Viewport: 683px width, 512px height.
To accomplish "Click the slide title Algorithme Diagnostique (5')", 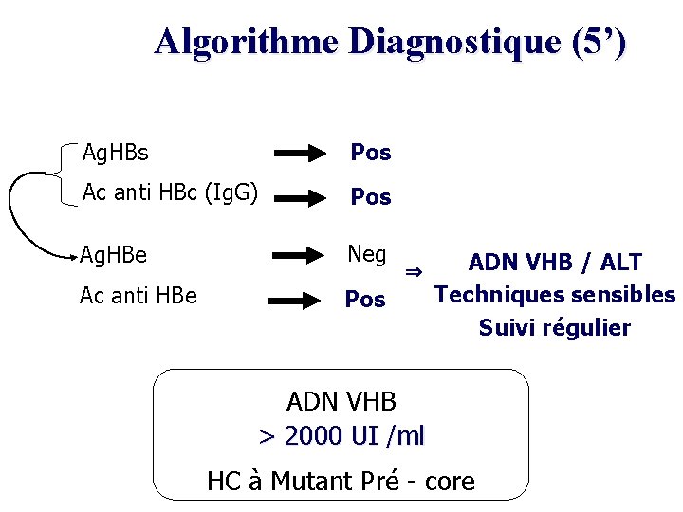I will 390,42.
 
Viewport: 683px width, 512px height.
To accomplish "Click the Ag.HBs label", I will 116,152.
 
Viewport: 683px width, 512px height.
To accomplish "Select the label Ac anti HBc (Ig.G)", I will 170,192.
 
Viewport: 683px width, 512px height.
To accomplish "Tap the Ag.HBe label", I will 113,255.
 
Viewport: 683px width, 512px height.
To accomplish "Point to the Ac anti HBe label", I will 138,295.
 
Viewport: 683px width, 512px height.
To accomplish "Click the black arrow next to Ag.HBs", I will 304,153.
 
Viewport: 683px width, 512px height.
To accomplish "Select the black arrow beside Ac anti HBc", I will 304,197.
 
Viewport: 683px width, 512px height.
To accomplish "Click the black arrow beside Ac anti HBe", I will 300,301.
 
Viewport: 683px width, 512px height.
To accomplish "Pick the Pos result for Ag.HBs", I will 371,153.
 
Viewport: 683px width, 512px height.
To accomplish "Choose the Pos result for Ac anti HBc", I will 371,197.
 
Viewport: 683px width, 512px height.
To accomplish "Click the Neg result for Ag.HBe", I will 367,254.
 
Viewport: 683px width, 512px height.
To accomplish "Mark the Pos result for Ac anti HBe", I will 365,300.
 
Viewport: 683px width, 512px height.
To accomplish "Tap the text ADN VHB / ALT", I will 555,263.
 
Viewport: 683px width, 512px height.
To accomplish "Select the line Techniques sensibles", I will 555,295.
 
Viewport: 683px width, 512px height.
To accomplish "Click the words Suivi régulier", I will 555,328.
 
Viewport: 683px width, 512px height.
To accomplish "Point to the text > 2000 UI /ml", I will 341,436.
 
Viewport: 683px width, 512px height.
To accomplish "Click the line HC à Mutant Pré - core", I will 341,482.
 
